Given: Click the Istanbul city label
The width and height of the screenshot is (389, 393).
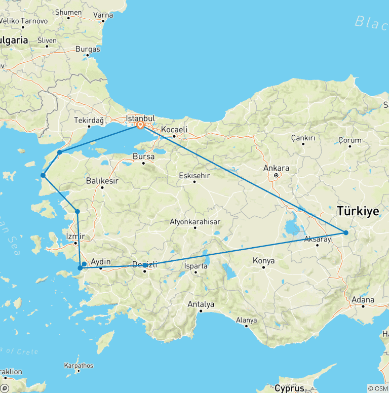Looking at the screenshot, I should coord(141,118).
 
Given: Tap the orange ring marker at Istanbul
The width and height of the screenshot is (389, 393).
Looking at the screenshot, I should coord(140,125).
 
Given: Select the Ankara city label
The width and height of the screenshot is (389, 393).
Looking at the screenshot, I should coord(277,169).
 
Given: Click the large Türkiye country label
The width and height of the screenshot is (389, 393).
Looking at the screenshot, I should coord(358,211).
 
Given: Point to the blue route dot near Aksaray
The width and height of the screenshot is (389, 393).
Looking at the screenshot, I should coord(346,233).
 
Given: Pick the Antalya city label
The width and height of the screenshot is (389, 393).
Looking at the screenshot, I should coord(201,304).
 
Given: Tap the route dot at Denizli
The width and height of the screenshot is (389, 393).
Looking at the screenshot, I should coord(145,265).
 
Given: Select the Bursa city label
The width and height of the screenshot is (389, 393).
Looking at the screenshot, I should coord(143,157).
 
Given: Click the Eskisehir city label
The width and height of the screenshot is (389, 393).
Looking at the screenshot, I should coord(194,176).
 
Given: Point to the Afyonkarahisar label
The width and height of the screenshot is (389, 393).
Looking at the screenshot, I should coord(194,221).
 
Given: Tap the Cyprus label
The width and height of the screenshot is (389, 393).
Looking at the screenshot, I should coord(289,388).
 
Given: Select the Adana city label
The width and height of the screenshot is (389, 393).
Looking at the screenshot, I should coord(363,300).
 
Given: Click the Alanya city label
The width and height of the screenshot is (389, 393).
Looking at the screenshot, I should coord(246,320).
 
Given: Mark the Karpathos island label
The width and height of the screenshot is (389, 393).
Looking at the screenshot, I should coord(79,365).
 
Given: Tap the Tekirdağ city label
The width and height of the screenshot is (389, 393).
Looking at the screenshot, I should coord(89,120).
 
